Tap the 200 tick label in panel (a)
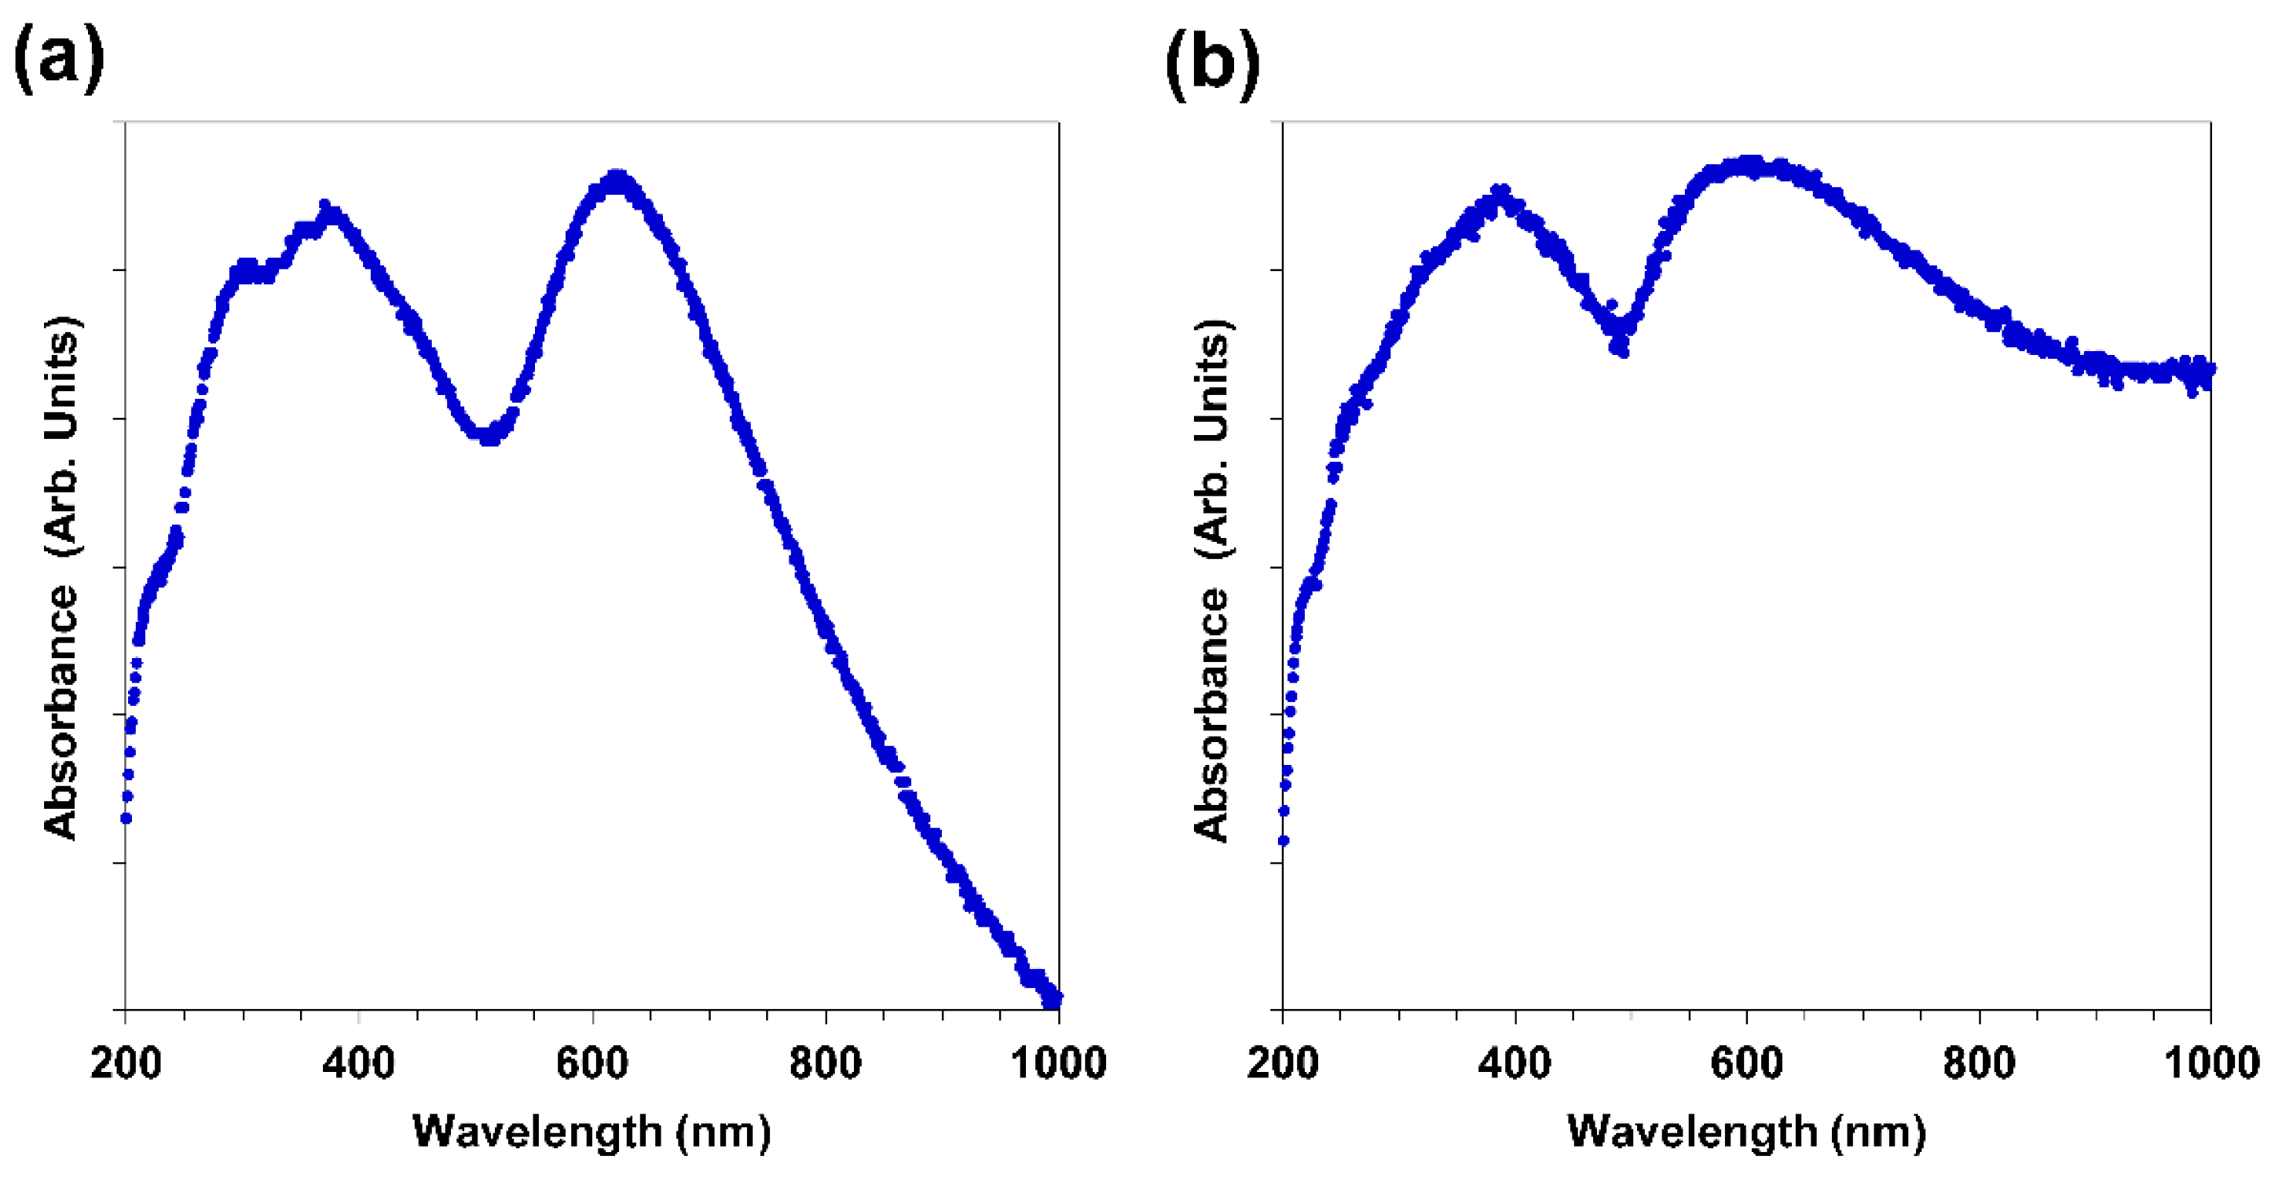click(126, 1063)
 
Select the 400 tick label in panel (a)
click(358, 1063)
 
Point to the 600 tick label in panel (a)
click(592, 1063)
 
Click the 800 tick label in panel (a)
click(825, 1063)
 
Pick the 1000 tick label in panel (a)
click(1058, 1063)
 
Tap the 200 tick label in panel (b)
click(1283, 1063)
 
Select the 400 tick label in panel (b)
click(1515, 1063)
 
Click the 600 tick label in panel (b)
click(1746, 1063)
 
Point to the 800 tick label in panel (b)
click(1980, 1063)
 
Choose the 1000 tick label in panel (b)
click(2211, 1063)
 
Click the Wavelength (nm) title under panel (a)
click(592, 1130)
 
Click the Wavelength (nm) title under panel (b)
click(1746, 1130)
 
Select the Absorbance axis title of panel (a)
click(62, 577)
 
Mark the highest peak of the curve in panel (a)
click(618, 179)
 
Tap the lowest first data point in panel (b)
click(1284, 840)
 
